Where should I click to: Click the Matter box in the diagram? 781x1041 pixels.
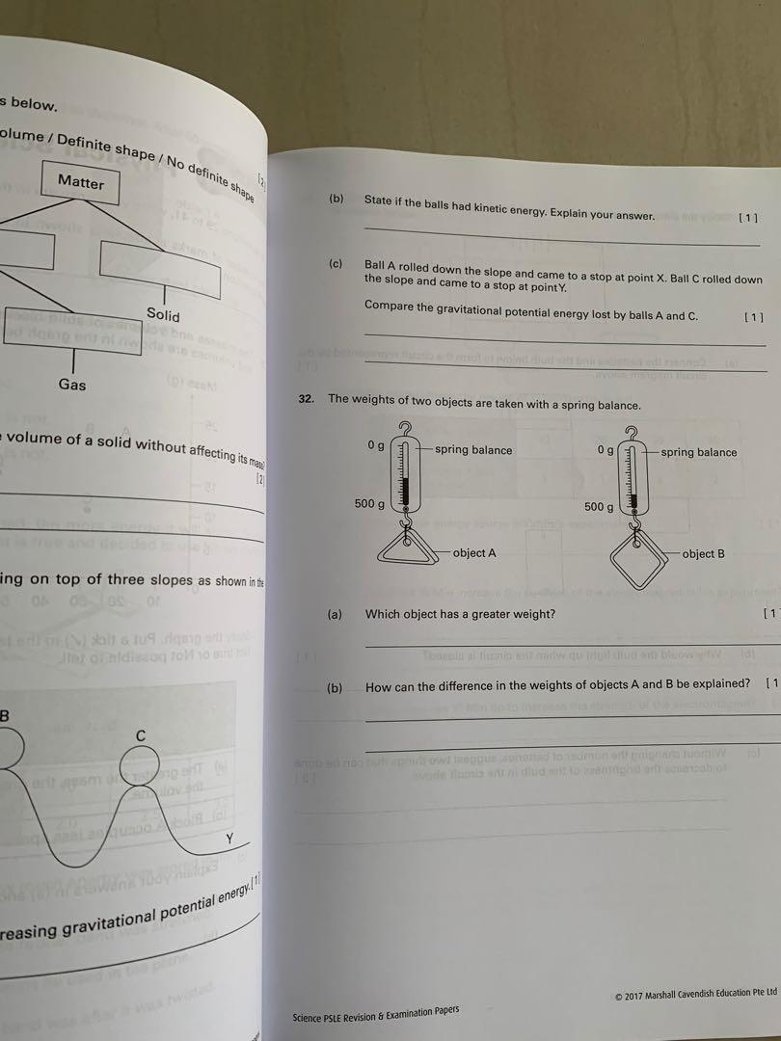tap(81, 181)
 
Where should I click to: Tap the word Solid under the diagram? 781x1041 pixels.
tap(163, 314)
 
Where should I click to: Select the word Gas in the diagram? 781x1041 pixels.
tap(72, 385)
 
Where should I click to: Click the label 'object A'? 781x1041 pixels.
tap(475, 553)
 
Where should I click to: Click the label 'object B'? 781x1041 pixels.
tap(703, 554)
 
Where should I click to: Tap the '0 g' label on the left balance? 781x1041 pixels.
tap(376, 446)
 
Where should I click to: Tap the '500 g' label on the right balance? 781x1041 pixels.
tap(599, 507)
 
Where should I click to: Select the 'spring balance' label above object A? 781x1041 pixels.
tap(473, 450)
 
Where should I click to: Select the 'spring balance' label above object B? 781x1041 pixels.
tap(698, 452)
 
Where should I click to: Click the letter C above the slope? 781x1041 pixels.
tap(141, 735)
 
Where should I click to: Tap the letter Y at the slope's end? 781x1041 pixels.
tap(229, 839)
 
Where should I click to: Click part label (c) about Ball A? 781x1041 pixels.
tap(336, 264)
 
